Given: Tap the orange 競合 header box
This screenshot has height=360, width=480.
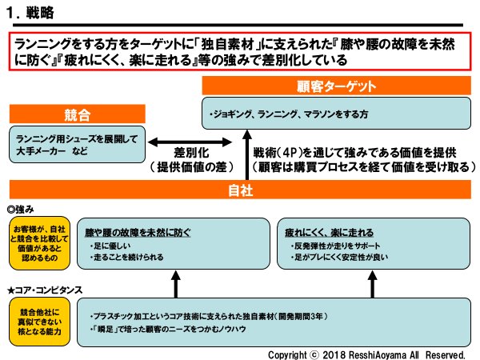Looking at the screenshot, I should [x=77, y=114].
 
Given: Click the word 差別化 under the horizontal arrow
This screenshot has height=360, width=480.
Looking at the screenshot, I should [x=191, y=153].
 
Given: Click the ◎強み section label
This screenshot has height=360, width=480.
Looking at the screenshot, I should [x=22, y=208].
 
